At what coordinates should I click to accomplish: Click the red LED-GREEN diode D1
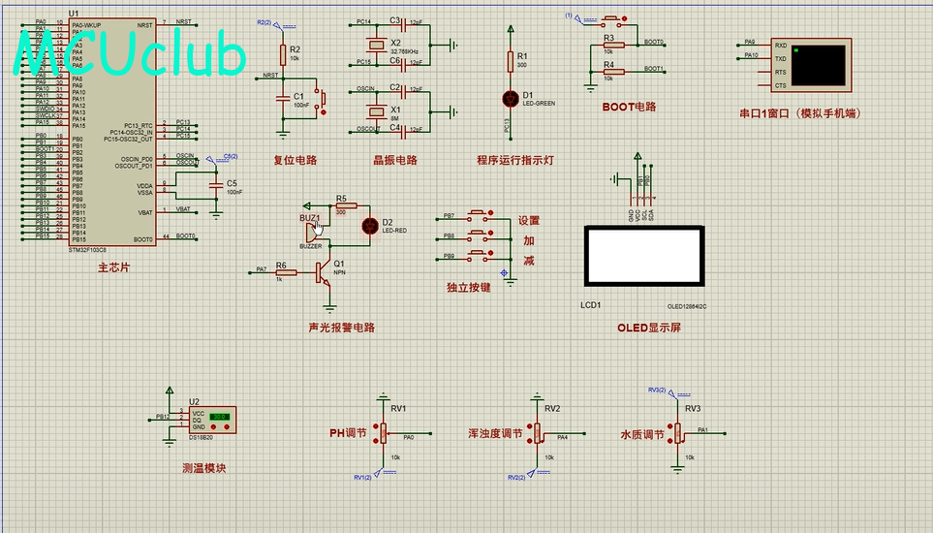pyautogui.click(x=511, y=98)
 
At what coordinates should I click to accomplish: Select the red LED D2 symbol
pyautogui.click(x=369, y=226)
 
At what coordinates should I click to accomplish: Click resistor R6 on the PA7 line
pyautogui.click(x=285, y=272)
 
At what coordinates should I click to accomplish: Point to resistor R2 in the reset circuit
pyautogui.click(x=283, y=54)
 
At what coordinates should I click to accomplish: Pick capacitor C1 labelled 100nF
pyautogui.click(x=283, y=96)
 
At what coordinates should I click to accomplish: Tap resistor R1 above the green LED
pyautogui.click(x=511, y=62)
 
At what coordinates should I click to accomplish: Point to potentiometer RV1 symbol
pyautogui.click(x=384, y=431)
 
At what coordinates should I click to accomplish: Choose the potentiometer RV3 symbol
pyautogui.click(x=678, y=433)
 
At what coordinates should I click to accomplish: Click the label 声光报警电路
pyautogui.click(x=341, y=328)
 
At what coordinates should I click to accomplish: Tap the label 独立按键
pyautogui.click(x=468, y=287)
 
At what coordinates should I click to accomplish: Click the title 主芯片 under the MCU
pyautogui.click(x=113, y=267)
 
